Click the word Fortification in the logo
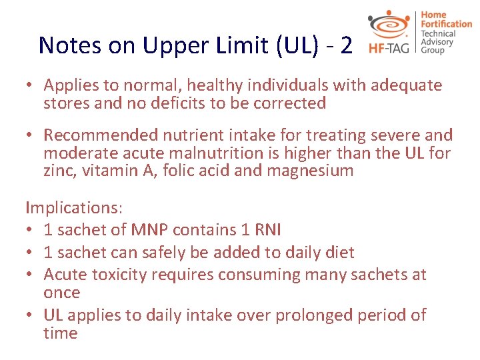tap(447, 24)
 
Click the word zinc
tap(59, 171)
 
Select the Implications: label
tap(74, 208)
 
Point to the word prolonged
tap(295, 315)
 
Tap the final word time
tap(61, 333)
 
